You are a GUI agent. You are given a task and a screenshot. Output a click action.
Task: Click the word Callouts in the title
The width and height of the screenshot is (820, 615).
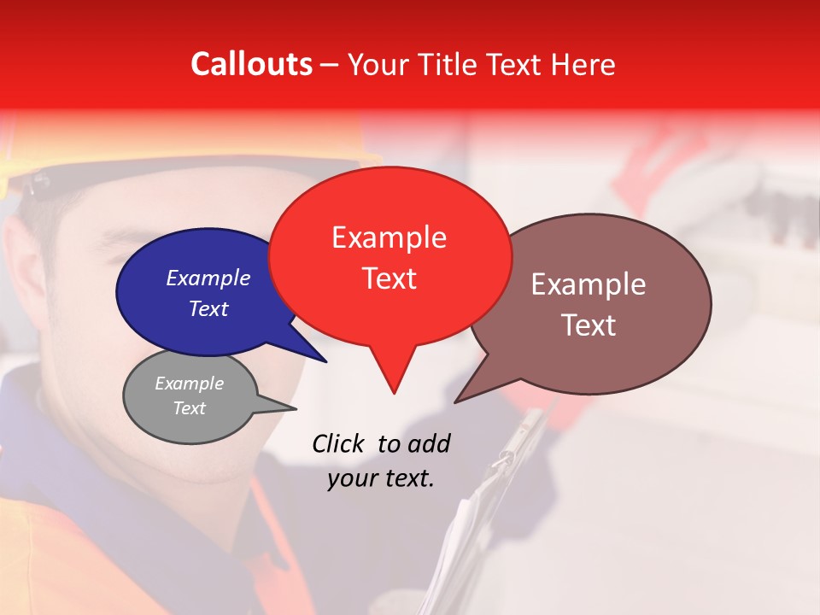coord(251,64)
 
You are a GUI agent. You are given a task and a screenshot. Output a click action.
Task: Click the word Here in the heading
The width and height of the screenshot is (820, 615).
coord(584,64)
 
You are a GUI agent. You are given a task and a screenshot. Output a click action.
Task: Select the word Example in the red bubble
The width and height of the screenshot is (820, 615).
coord(389,237)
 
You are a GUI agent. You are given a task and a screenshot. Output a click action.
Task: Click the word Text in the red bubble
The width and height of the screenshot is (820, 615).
coord(389,278)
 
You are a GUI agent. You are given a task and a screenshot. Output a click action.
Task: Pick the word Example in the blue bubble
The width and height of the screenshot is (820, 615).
coord(208,278)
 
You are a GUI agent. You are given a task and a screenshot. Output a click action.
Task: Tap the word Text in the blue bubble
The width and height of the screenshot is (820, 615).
coord(208,308)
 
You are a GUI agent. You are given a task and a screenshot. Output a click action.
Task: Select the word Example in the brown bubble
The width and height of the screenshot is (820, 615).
coord(589,284)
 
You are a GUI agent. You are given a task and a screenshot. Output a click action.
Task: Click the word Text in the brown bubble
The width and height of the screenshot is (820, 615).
coord(589,325)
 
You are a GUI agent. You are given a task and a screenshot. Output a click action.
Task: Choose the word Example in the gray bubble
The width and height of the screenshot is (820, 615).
coord(189,384)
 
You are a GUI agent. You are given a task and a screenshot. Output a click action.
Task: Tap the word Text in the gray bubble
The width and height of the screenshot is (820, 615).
coord(189,408)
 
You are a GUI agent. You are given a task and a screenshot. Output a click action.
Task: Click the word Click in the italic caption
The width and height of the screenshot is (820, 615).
coord(339,443)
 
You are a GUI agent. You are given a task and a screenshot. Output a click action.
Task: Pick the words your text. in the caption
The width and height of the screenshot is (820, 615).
coord(381,478)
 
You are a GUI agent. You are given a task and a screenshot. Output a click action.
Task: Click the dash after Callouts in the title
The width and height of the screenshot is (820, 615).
coord(331,65)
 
